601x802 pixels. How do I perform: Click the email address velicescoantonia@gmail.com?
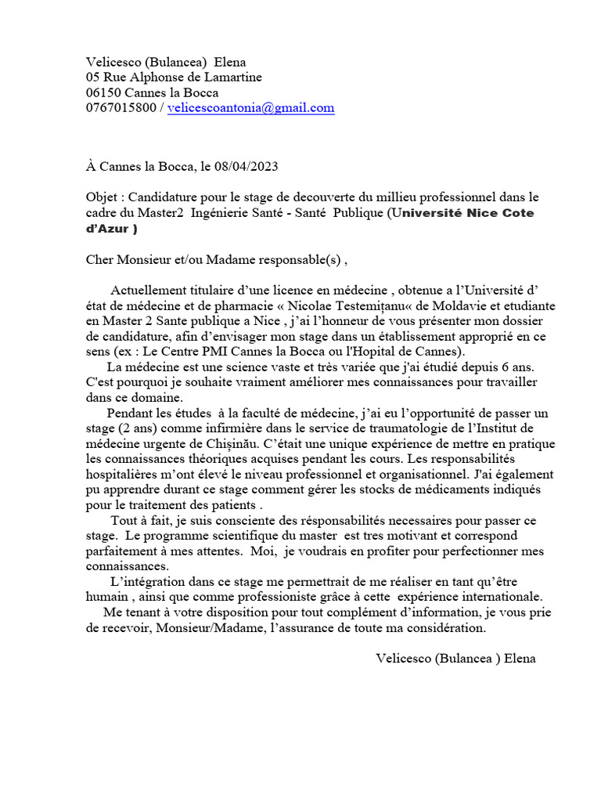pyautogui.click(x=251, y=108)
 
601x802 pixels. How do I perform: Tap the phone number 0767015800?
pyautogui.click(x=121, y=108)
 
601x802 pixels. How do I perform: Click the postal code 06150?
pyautogui.click(x=103, y=92)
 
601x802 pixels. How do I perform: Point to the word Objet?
pyautogui.click(x=101, y=197)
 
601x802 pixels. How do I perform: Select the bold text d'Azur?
pyautogui.click(x=109, y=228)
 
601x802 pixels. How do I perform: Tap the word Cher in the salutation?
pyautogui.click(x=100, y=259)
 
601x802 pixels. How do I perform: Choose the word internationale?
pyautogui.click(x=498, y=596)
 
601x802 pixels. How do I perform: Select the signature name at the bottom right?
pyautogui.click(x=456, y=659)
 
